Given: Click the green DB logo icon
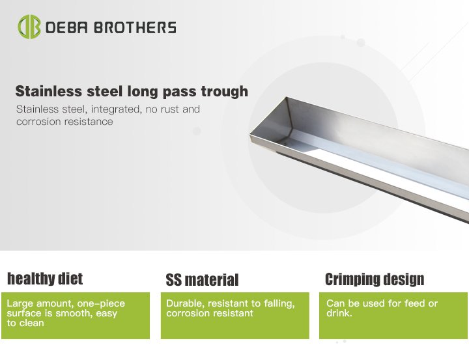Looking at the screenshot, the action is [x=29, y=27].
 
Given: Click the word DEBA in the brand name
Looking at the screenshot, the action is [x=66, y=27].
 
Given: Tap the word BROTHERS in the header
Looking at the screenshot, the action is [x=135, y=27].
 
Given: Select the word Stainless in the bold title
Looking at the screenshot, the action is [x=48, y=91].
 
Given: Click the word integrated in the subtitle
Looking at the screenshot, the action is [x=115, y=109].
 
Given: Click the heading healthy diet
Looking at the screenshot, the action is [x=45, y=279].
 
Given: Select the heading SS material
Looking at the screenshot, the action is [x=202, y=280].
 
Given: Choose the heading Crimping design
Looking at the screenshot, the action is [x=375, y=279].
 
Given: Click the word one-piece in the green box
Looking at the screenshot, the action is [x=101, y=303].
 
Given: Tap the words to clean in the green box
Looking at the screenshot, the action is [x=25, y=323].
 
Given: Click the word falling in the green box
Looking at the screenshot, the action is [x=279, y=304].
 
